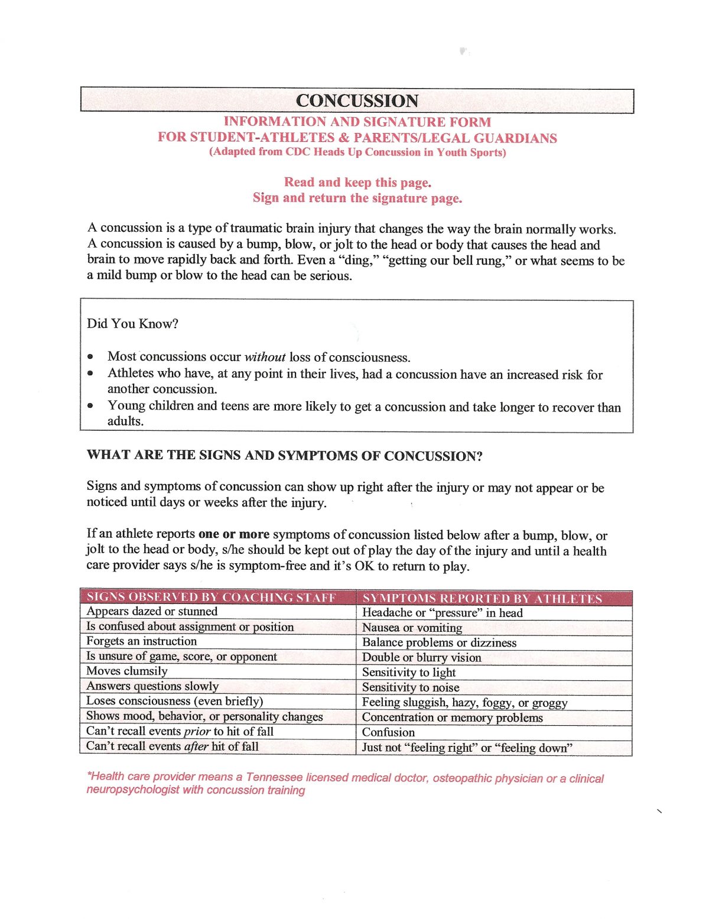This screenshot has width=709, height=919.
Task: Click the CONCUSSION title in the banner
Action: tap(357, 100)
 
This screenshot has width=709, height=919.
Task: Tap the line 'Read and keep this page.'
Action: tap(357, 182)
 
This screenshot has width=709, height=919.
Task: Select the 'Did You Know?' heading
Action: tap(132, 323)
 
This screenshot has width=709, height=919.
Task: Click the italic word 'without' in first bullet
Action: tap(265, 357)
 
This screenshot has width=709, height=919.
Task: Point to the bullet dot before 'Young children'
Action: tap(90, 406)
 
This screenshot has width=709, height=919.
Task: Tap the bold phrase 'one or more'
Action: tap(234, 534)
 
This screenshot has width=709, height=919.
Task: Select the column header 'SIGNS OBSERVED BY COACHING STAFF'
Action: tap(212, 597)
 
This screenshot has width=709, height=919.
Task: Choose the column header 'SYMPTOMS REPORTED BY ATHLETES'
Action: tap(482, 599)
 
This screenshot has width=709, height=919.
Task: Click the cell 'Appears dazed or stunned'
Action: tap(152, 612)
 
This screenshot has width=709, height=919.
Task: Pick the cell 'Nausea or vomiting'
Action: tap(412, 628)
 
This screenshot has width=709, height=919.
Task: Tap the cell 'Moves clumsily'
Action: tap(127, 671)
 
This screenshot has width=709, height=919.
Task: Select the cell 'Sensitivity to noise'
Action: tap(411, 687)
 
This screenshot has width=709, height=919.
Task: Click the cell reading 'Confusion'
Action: tap(388, 732)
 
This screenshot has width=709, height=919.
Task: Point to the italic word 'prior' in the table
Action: tap(197, 732)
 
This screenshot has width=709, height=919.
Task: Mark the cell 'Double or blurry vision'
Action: tap(421, 658)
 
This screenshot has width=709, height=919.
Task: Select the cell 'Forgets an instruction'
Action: tap(141, 641)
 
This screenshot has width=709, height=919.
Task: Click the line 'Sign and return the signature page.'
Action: tap(357, 198)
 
